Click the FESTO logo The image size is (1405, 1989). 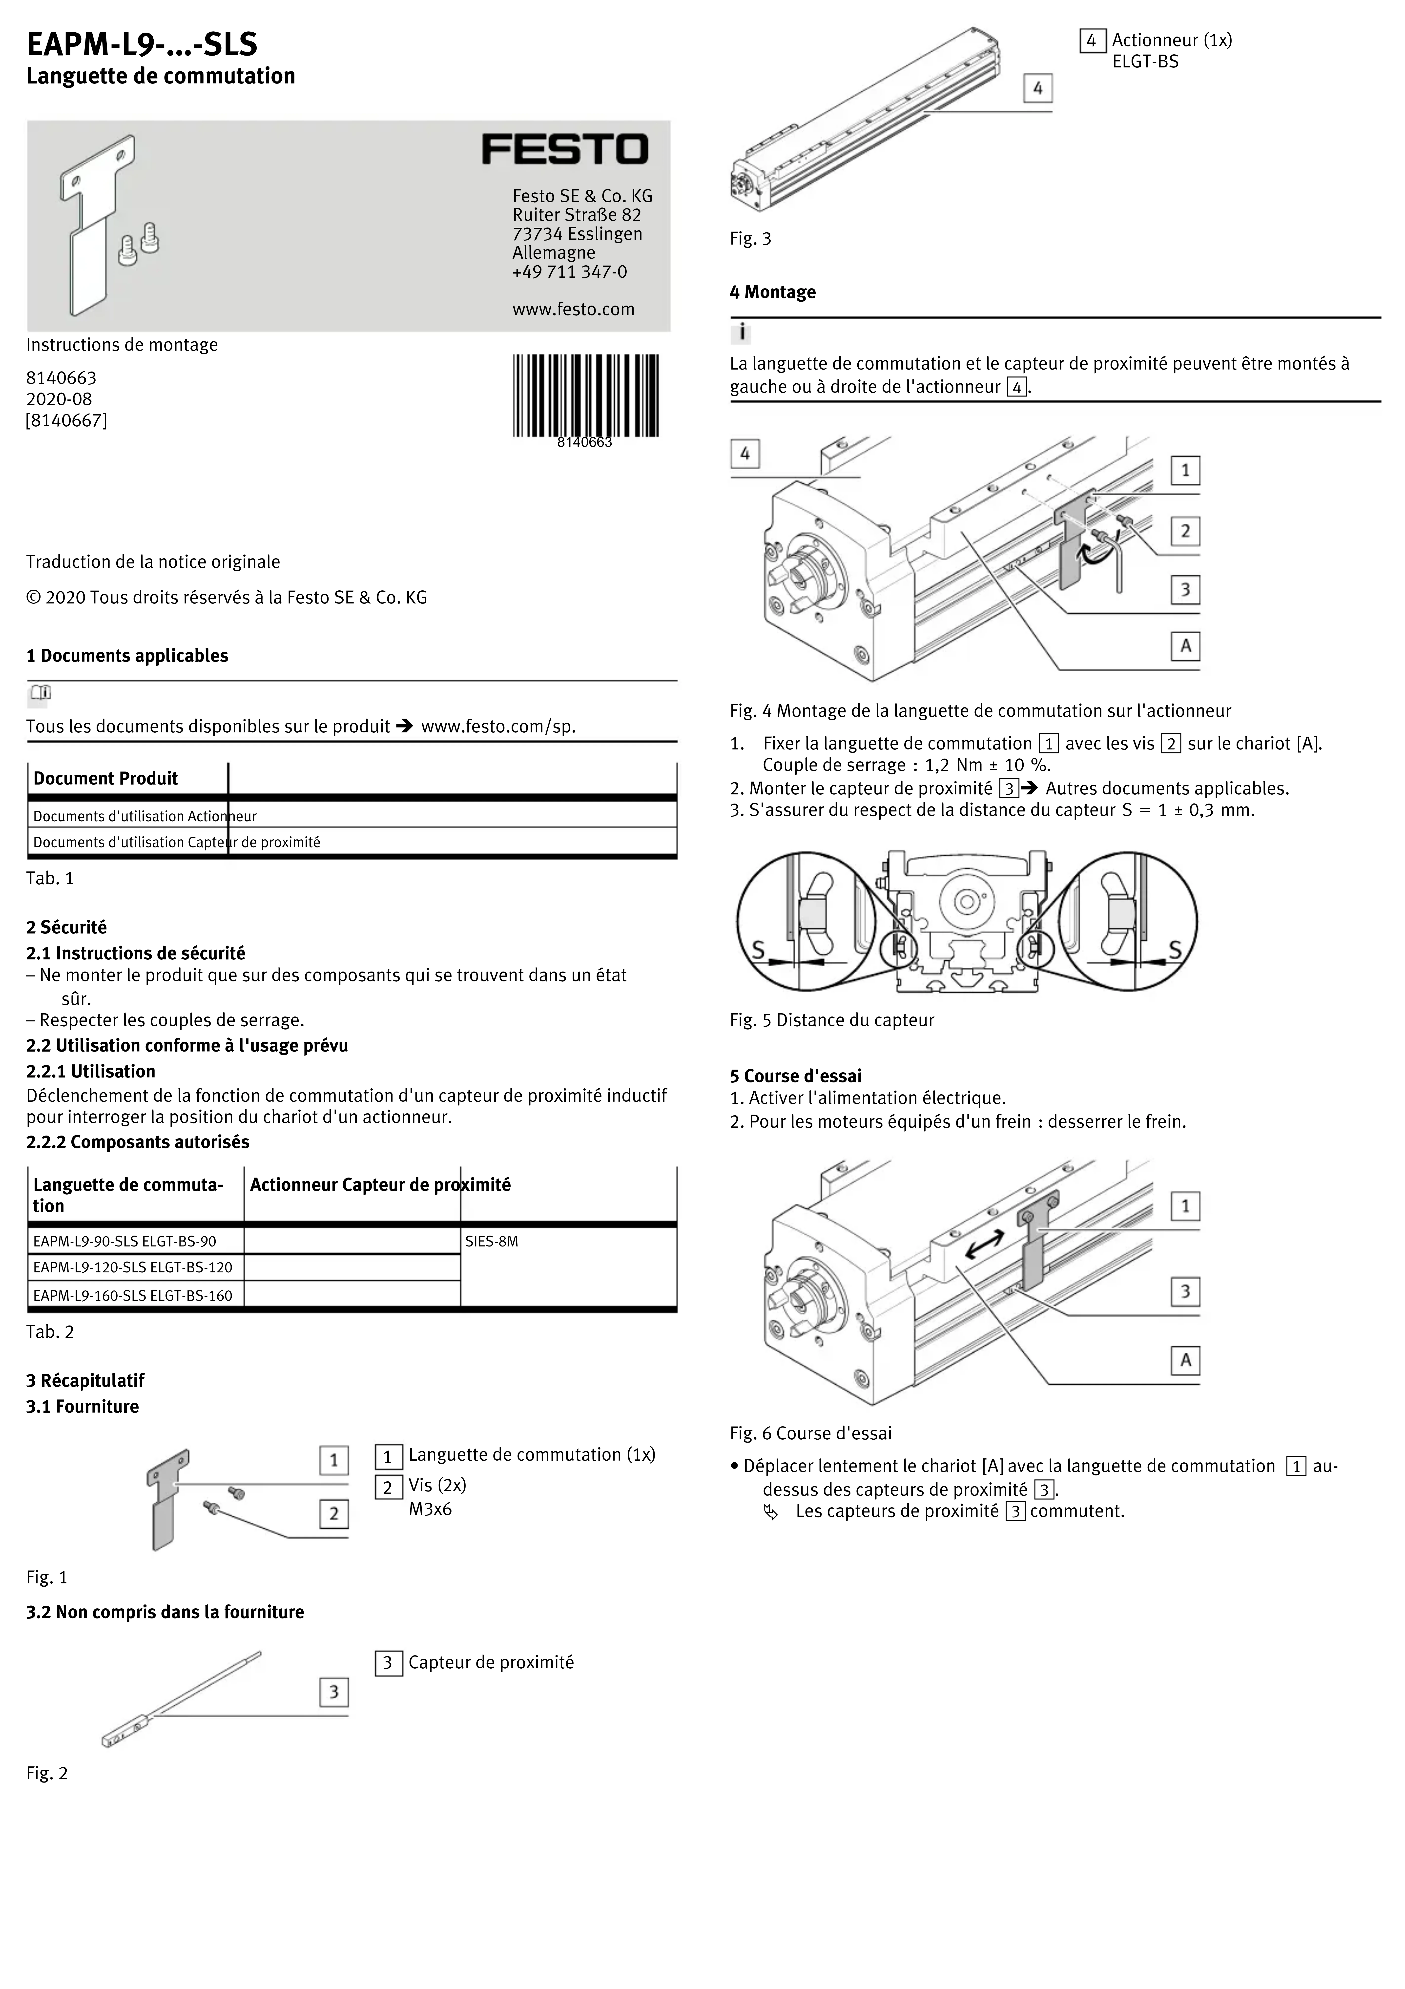coord(565,149)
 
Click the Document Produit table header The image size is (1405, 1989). coord(106,778)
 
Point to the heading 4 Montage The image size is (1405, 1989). coord(773,292)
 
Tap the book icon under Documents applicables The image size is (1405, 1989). coord(41,693)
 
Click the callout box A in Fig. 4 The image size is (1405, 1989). coord(1185,645)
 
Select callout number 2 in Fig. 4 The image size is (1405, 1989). coord(1185,530)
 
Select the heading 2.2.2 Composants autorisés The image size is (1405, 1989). coord(138,1142)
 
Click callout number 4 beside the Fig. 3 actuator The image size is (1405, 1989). coord(1038,88)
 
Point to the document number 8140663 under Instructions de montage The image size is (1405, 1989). coord(61,378)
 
